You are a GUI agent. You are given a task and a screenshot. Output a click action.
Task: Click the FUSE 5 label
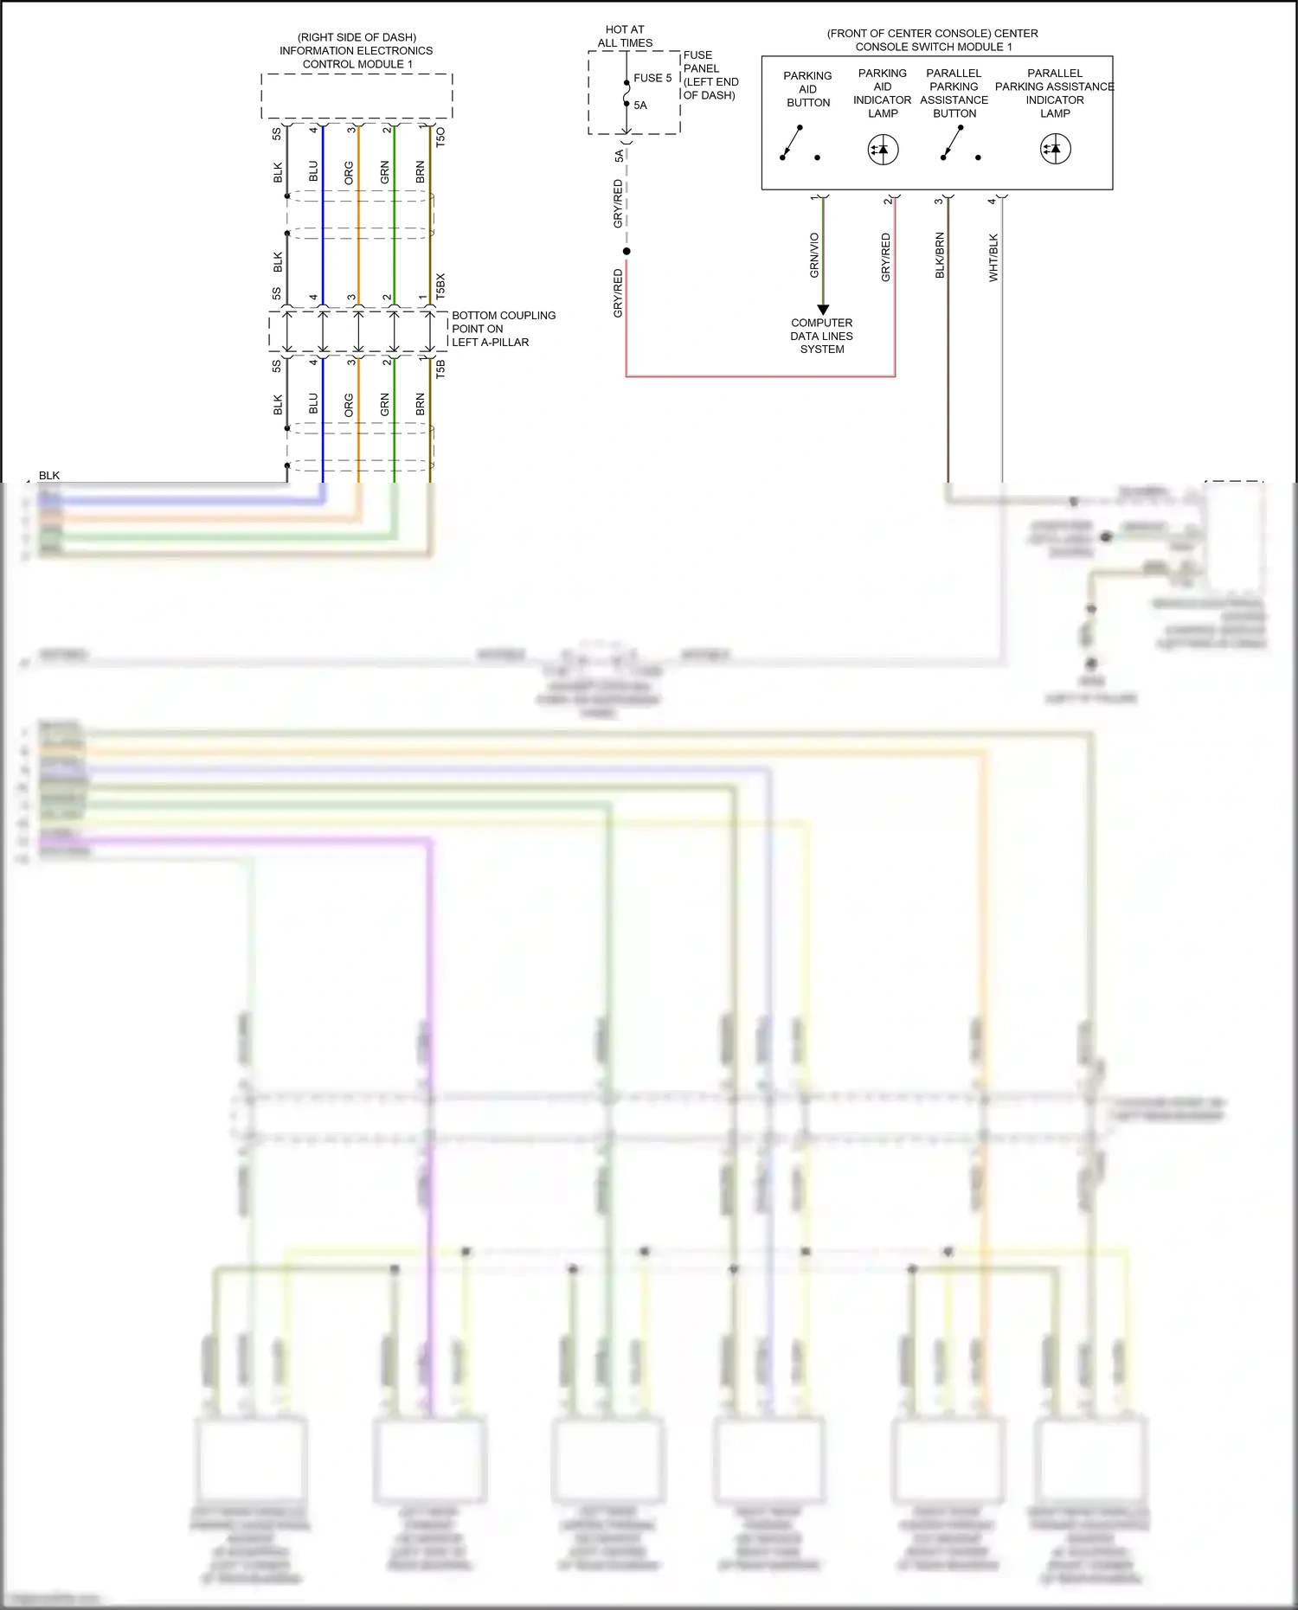tap(652, 78)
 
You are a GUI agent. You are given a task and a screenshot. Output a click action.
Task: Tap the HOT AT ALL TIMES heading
tap(625, 36)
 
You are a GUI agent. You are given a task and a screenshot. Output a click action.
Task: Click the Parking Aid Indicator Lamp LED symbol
tap(883, 150)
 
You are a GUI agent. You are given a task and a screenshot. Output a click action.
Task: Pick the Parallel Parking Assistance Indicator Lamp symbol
tap(1055, 149)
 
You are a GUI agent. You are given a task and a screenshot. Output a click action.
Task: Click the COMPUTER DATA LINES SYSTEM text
tap(821, 336)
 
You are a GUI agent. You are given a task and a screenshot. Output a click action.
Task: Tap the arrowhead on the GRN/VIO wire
tap(823, 310)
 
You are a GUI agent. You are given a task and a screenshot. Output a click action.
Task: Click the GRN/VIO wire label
tap(814, 255)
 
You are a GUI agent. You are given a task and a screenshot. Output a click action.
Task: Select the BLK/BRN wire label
tap(940, 255)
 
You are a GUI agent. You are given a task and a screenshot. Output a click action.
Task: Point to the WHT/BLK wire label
tap(993, 257)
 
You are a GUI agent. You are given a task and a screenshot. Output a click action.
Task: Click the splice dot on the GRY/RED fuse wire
tap(627, 252)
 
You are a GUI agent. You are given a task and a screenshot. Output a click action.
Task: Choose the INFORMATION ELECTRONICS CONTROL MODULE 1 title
tap(357, 51)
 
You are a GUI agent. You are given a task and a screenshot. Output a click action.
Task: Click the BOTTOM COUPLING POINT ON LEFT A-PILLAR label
tap(503, 329)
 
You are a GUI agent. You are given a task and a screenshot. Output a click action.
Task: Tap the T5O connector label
tap(440, 137)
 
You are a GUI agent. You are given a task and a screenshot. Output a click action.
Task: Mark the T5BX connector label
tap(440, 286)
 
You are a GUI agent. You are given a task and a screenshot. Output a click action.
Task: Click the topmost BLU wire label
tap(313, 171)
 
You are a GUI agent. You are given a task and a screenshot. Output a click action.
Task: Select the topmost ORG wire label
tap(349, 172)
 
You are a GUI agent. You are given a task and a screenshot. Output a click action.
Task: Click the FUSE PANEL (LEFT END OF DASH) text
tap(710, 75)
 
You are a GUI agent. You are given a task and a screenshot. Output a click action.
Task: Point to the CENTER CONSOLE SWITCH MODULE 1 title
tap(932, 40)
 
